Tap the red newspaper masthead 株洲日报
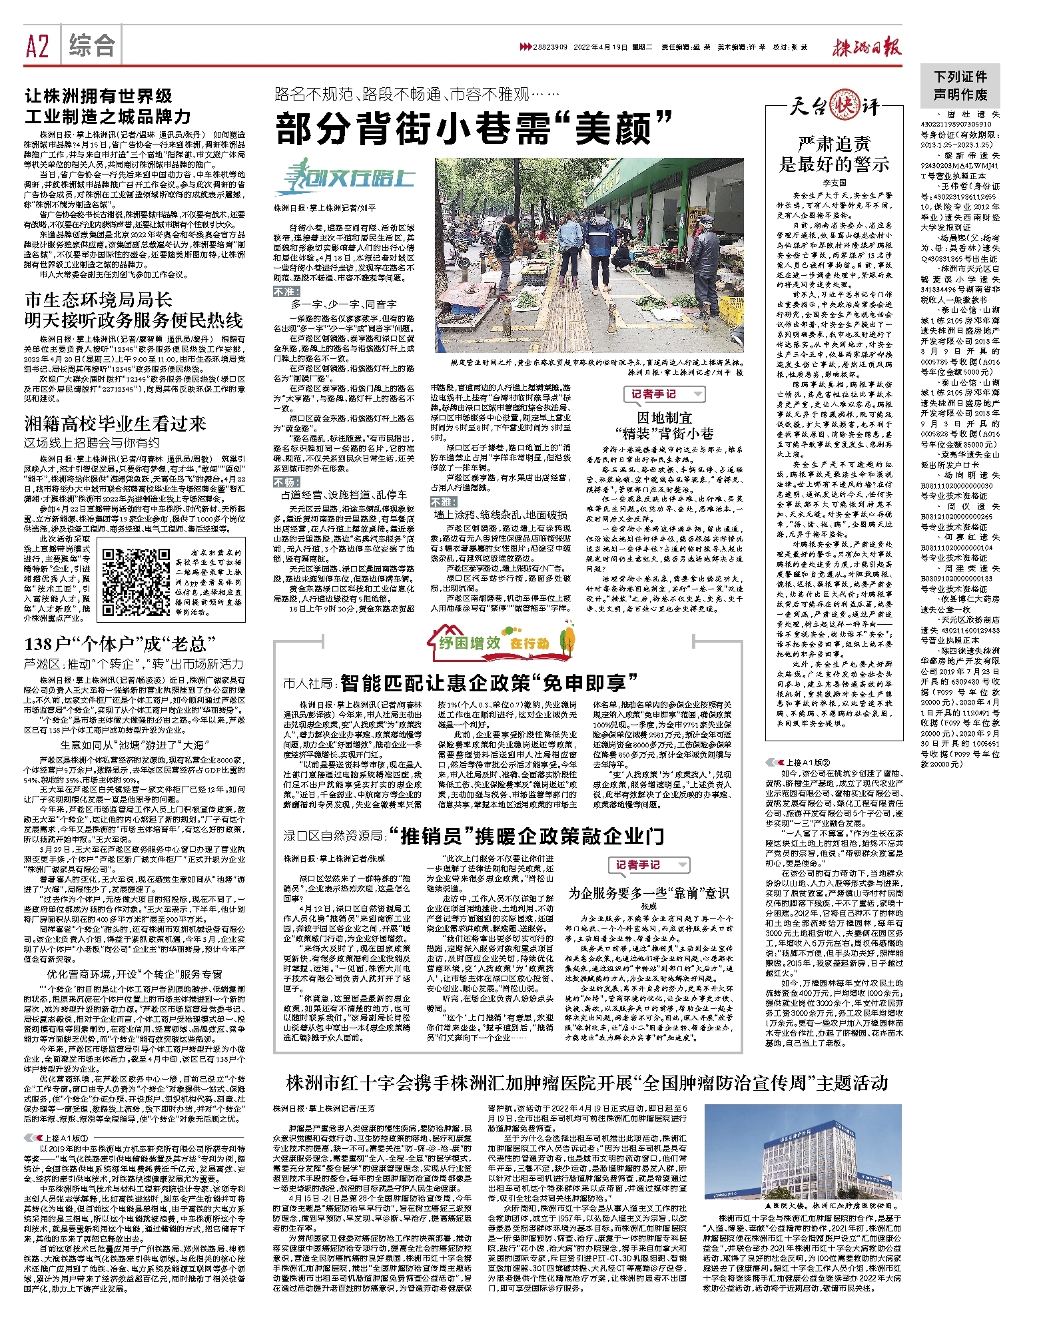866,47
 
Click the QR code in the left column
135,583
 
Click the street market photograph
589,255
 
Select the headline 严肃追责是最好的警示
834,154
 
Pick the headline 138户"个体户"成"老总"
121,644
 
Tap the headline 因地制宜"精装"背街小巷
664,426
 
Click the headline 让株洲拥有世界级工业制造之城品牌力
108,107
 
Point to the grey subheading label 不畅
286,482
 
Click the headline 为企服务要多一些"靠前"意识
648,893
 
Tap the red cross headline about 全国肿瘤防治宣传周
587,1083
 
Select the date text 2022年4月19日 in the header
601,47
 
